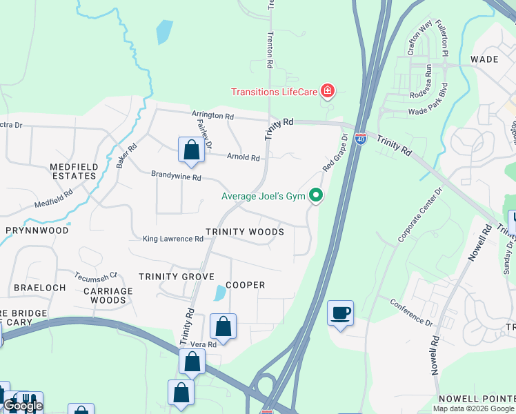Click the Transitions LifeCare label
click(x=275, y=92)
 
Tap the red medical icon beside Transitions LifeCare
click(x=328, y=91)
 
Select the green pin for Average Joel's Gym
click(x=316, y=197)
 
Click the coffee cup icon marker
click(x=340, y=313)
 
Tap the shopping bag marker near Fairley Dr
click(x=191, y=150)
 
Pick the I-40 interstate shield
click(x=361, y=139)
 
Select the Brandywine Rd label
click(x=177, y=177)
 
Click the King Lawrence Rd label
click(x=173, y=239)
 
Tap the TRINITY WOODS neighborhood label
click(x=245, y=233)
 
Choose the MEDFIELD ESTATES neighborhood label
click(x=73, y=171)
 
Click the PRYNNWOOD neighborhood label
click(x=37, y=230)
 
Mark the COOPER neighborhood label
click(x=245, y=285)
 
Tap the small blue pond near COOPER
click(x=219, y=293)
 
